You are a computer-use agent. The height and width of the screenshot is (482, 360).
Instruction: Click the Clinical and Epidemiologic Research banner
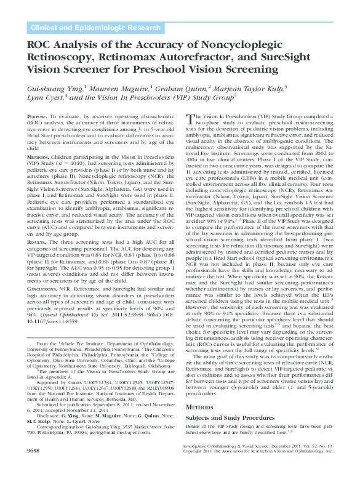(x=95, y=28)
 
